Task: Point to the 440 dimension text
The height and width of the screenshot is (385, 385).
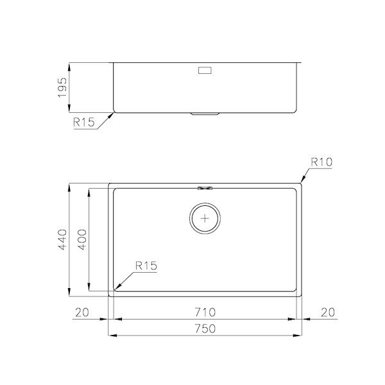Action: tap(62, 240)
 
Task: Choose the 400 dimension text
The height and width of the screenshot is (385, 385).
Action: tap(81, 240)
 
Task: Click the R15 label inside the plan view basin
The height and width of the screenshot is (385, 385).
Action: tap(146, 264)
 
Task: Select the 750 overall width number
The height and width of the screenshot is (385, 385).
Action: tap(206, 328)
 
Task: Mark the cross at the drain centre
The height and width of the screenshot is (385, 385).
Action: tap(205, 218)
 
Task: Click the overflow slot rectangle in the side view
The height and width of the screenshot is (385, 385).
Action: tap(206, 70)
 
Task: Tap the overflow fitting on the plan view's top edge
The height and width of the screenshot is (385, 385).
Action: tap(206, 188)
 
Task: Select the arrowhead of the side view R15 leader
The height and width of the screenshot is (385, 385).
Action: tap(114, 114)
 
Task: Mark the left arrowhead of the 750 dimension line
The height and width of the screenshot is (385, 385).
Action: tap(110, 335)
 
